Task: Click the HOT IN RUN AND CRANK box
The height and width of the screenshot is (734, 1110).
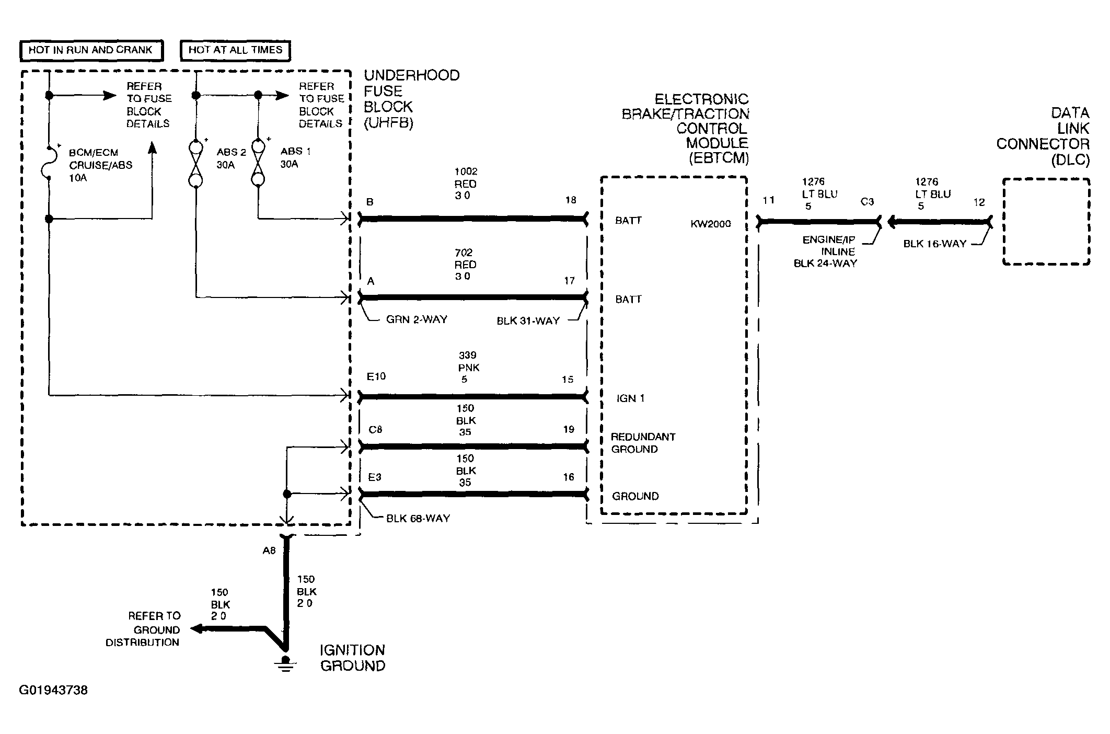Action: click(91, 51)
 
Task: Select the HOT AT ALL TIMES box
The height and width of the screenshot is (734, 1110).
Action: click(235, 51)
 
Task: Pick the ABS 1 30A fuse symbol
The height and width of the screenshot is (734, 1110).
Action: click(258, 162)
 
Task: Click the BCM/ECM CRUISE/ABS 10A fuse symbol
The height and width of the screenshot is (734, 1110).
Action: click(48, 162)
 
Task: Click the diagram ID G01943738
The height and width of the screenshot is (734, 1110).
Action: click(53, 690)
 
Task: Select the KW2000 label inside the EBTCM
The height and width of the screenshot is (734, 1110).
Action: click(711, 224)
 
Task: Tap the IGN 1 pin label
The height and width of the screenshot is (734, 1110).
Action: click(630, 398)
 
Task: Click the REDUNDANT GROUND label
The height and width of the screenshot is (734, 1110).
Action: click(643, 443)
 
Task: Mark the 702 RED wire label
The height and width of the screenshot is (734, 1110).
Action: click(465, 265)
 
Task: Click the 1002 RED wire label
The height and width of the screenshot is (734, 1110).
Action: click(465, 183)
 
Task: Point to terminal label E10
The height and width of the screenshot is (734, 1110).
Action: click(376, 376)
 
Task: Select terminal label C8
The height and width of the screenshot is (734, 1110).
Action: click(375, 430)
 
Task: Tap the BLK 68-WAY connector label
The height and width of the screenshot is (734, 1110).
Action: click(418, 519)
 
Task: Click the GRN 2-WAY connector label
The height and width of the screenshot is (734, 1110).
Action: click(417, 319)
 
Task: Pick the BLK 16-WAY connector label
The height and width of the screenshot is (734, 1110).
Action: click(935, 244)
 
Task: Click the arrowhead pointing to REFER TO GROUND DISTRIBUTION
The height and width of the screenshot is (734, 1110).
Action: click(196, 628)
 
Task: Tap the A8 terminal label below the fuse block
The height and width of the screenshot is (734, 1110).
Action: click(269, 550)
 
